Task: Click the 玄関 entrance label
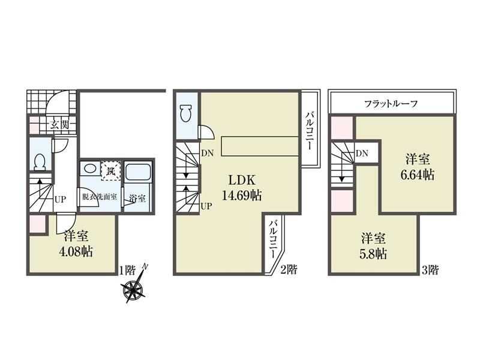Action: (59, 125)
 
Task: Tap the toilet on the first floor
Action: (40, 161)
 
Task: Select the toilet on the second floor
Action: (185, 113)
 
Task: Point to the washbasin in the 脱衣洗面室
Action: (89, 169)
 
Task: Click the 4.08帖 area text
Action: (76, 251)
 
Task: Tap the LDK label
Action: (242, 181)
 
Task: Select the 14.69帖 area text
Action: (242, 195)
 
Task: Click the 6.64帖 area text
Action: (418, 175)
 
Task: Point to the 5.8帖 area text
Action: (373, 254)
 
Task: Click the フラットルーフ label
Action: (391, 104)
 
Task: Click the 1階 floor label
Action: (127, 270)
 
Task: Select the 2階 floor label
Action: (289, 269)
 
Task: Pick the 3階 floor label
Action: (430, 270)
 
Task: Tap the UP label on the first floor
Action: (60, 199)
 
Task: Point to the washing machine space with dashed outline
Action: (111, 169)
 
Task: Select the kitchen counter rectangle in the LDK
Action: (260, 146)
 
